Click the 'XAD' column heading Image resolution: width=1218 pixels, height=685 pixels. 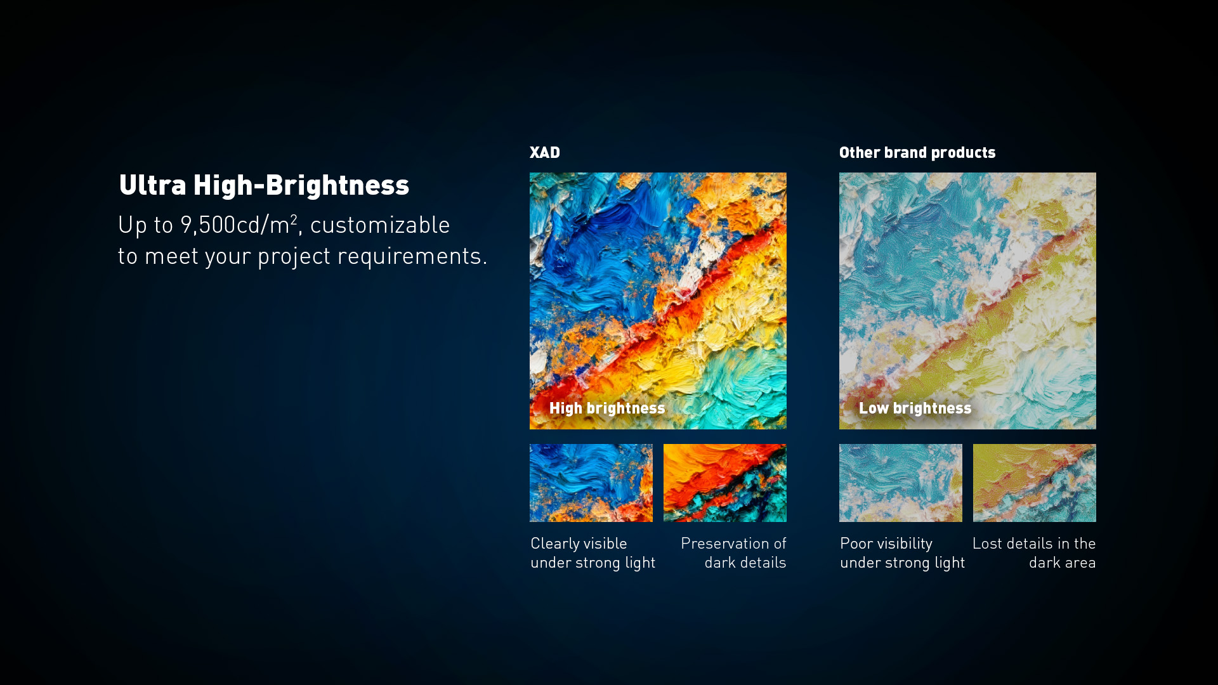coord(545,153)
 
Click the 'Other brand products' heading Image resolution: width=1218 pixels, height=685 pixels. coord(917,153)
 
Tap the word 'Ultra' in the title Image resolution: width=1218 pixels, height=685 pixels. coord(153,185)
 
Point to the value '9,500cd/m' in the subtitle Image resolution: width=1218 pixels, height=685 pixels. coord(235,225)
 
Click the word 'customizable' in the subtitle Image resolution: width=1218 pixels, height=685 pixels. coord(380,225)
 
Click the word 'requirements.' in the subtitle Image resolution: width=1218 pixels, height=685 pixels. coord(412,256)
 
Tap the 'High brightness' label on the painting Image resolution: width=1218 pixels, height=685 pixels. coord(607,408)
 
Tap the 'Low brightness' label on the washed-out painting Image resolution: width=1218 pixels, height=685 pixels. coord(915,408)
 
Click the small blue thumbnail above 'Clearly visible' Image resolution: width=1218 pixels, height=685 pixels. coord(591,483)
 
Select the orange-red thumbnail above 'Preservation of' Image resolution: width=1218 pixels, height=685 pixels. coord(725,483)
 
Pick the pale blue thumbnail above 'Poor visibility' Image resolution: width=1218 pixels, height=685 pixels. coord(901,483)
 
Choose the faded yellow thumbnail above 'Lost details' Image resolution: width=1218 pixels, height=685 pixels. coord(1035,483)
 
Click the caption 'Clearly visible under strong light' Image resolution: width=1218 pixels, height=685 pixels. coord(593,553)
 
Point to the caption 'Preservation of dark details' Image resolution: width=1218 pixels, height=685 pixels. coord(733,553)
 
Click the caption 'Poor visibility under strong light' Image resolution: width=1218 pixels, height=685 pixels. coord(903,553)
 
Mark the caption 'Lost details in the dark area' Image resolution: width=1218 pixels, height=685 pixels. coord(1034,553)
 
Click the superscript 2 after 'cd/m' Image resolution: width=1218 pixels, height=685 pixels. coord(294,219)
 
